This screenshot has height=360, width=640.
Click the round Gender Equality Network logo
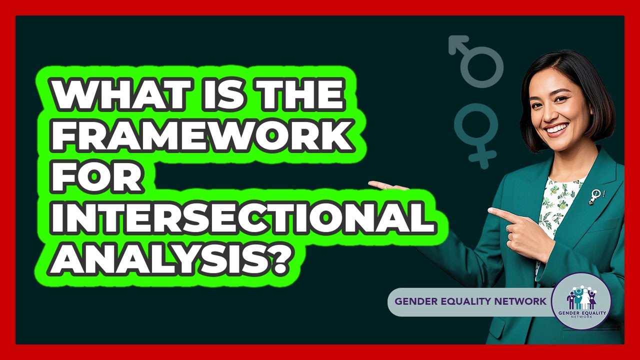[x=581, y=301]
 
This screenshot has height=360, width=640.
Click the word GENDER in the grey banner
[x=412, y=301]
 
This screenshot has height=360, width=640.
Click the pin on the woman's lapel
[x=595, y=195]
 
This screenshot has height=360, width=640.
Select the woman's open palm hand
[x=387, y=186]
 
